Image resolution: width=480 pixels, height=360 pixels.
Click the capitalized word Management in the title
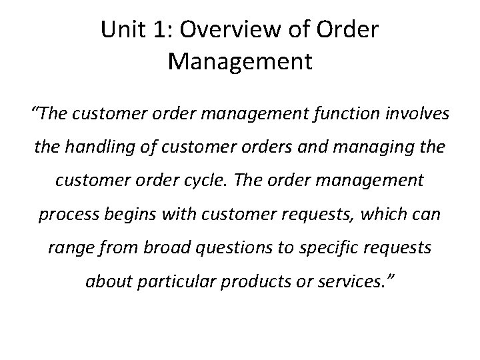point(240,61)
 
